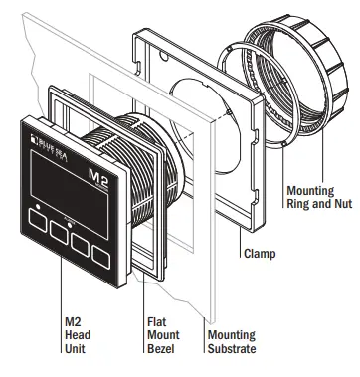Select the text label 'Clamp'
coord(262,253)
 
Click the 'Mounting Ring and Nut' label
coord(311,197)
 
